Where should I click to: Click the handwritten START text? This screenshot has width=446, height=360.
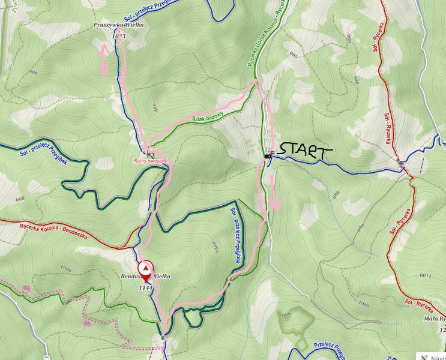click(303, 151)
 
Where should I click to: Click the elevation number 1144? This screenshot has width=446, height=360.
click(146, 288)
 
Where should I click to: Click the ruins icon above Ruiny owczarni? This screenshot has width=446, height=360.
click(148, 154)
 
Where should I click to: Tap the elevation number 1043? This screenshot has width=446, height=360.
click(118, 37)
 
